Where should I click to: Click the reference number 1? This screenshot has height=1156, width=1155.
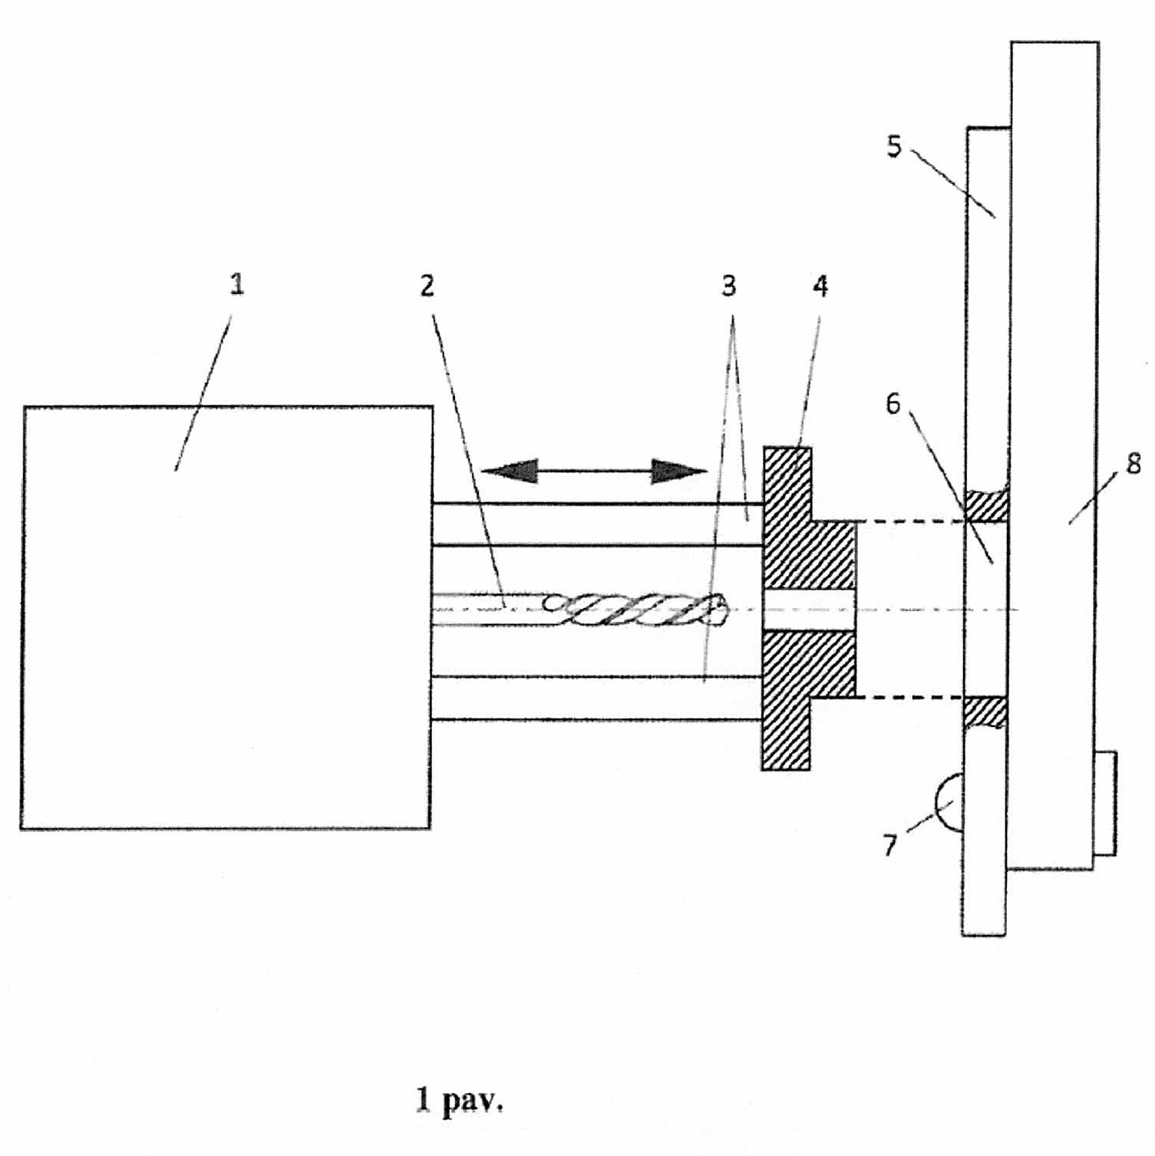[237, 285]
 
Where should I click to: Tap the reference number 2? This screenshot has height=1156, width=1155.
[427, 286]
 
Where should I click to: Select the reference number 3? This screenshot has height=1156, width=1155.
[728, 286]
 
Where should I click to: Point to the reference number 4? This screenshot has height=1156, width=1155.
[820, 286]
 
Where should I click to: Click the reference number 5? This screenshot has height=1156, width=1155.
[894, 147]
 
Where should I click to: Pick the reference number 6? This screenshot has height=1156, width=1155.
[893, 404]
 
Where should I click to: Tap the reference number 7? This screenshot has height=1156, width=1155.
[890, 845]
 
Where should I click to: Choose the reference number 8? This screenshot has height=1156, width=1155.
[1134, 464]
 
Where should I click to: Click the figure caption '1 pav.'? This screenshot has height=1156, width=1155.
[460, 1100]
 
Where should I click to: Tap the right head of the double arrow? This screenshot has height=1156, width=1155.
[678, 471]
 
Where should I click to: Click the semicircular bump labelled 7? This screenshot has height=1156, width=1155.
[949, 803]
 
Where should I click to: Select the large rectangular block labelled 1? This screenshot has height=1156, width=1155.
[226, 618]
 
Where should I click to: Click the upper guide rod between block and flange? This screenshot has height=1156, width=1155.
[597, 524]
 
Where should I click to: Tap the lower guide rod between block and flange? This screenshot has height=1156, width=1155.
[597, 699]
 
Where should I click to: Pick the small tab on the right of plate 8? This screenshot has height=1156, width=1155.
[1104, 803]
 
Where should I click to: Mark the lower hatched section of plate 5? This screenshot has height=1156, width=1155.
[985, 712]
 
